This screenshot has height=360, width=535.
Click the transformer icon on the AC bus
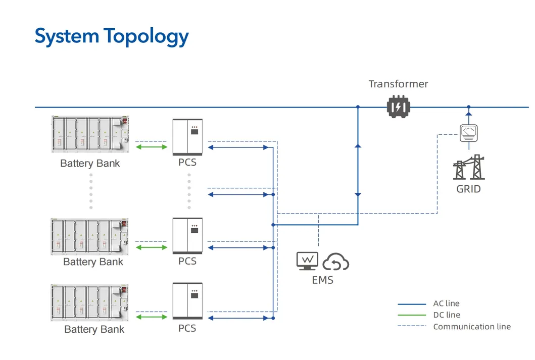pyautogui.click(x=398, y=108)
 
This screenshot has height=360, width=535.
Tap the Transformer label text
pyautogui.click(x=398, y=84)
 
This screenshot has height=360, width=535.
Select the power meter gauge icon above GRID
pyautogui.click(x=468, y=132)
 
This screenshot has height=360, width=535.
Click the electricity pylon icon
pyautogui.click(x=468, y=168)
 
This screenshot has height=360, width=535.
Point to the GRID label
pyautogui.click(x=468, y=189)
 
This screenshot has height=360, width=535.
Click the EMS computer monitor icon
pyautogui.click(x=307, y=261)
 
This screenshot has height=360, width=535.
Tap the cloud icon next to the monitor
pyautogui.click(x=336, y=262)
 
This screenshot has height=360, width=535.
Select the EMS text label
pyautogui.click(x=322, y=280)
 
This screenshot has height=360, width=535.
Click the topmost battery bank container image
pyautogui.click(x=90, y=134)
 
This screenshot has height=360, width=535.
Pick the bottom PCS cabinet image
pyautogui.click(x=187, y=301)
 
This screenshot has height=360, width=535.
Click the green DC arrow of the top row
pyautogui.click(x=152, y=147)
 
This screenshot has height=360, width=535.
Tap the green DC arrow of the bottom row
pyautogui.click(x=152, y=317)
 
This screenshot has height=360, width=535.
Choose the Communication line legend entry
pyautogui.click(x=471, y=327)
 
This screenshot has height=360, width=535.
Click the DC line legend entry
pyautogui.click(x=447, y=315)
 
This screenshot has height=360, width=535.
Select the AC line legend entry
pyautogui.click(x=446, y=303)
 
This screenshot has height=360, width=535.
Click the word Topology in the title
pyautogui.click(x=146, y=36)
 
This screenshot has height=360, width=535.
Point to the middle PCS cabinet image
pyautogui.click(x=187, y=236)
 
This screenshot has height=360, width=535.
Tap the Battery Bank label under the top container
pyautogui.click(x=90, y=164)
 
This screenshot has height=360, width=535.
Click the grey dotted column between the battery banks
pyautogui.click(x=91, y=191)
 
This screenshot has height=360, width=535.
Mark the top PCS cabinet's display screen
pyautogui.click(x=194, y=132)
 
